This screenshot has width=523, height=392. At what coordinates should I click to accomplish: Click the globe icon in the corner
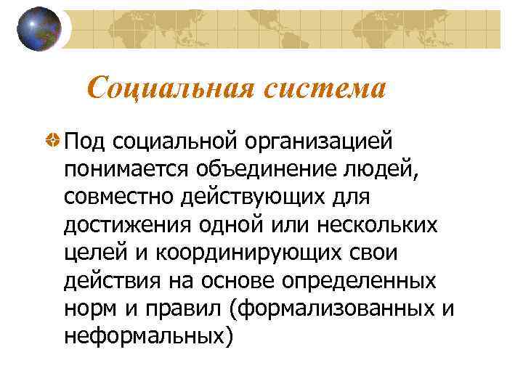pyautogui.click(x=38, y=29)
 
